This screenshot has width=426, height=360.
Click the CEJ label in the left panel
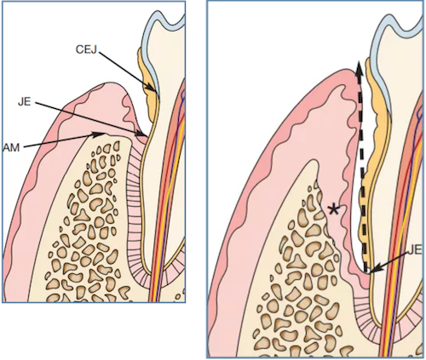click(86, 49)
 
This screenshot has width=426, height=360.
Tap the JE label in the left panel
click(25, 101)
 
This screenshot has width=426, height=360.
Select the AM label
click(11, 148)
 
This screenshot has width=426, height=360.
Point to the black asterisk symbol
click(334, 210)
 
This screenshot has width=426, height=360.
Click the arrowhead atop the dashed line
click(360, 68)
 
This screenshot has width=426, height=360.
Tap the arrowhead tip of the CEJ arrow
click(157, 92)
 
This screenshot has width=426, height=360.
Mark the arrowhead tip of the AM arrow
click(104, 134)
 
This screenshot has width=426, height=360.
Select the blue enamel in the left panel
click(156, 43)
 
